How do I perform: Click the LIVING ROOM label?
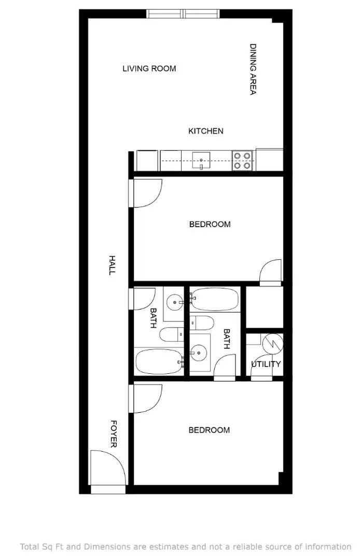(149, 68)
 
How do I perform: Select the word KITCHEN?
(205, 131)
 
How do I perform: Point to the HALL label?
(112, 264)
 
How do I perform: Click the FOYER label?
(113, 433)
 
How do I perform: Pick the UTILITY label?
(266, 364)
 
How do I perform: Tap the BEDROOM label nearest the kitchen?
(210, 225)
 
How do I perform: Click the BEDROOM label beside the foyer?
(209, 430)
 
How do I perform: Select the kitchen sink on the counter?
(201, 160)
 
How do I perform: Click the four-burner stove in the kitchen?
(242, 160)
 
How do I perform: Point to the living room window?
(183, 14)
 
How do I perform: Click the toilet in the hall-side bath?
(171, 334)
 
